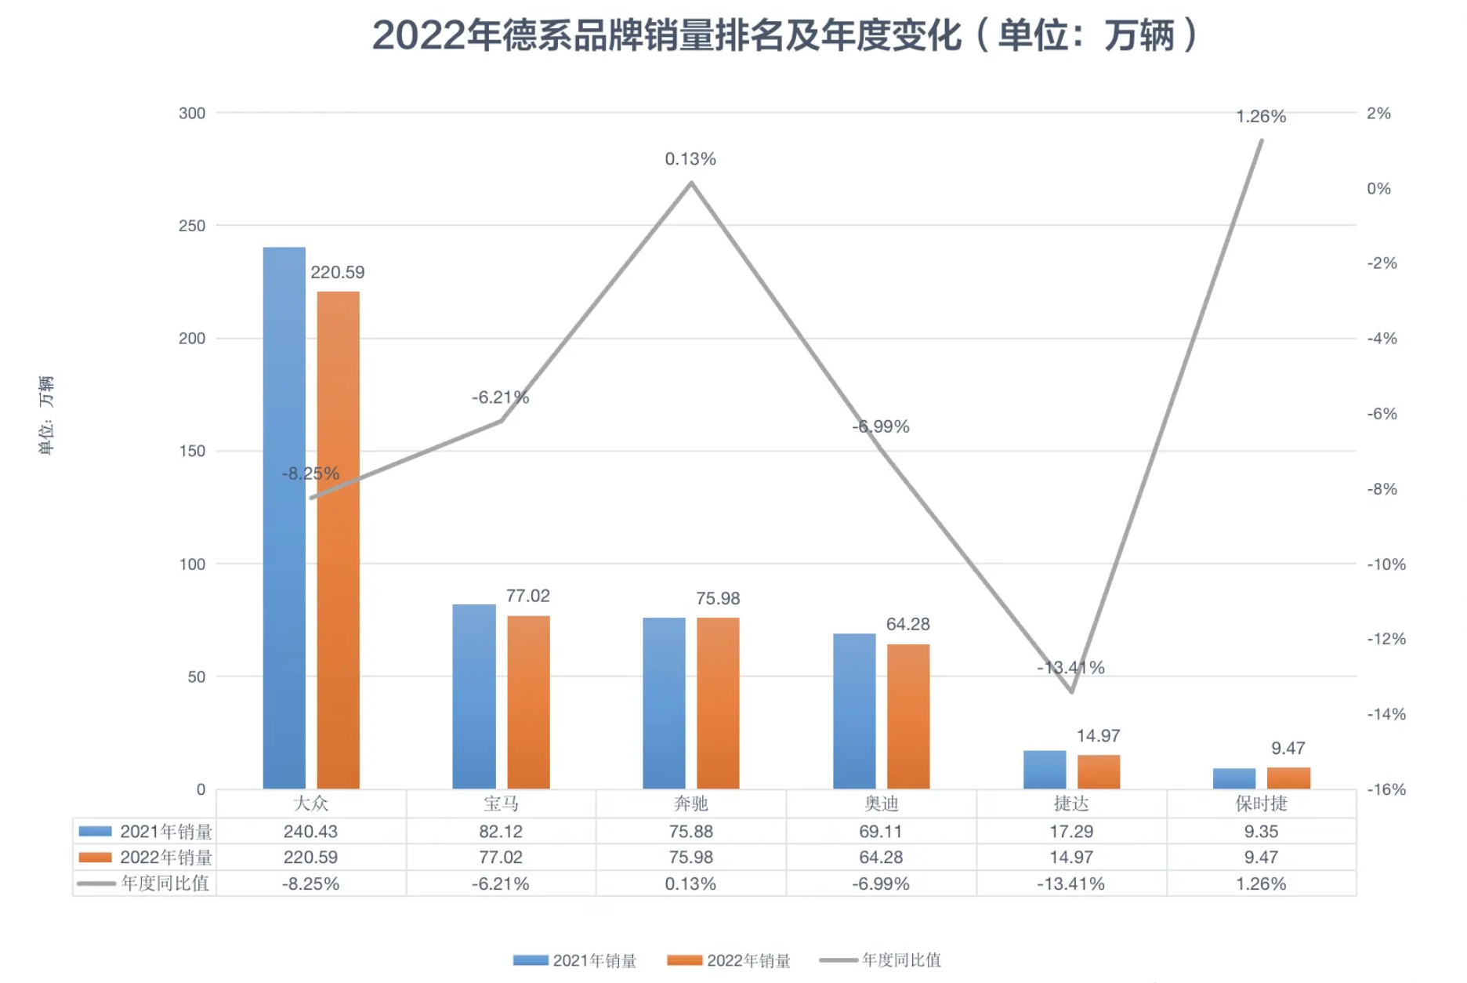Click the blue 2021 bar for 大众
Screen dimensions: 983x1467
284,517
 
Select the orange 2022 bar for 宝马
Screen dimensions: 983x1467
528,702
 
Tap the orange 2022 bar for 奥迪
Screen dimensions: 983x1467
908,716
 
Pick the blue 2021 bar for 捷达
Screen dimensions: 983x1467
1045,769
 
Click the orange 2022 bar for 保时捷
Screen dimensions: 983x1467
1288,778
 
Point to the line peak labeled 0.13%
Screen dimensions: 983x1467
691,183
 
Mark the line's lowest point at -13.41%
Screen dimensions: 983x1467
1071,691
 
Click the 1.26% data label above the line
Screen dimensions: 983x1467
1261,117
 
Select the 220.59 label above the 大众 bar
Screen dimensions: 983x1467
337,272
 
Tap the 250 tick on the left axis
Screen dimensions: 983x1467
192,226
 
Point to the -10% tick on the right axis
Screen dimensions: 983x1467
1386,564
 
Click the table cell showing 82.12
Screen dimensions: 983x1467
501,831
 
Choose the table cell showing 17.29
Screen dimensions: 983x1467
1071,831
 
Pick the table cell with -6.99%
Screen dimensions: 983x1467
881,883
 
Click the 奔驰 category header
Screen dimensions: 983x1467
690,803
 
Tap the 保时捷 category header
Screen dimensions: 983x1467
1261,803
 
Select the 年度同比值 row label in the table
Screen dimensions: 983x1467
165,883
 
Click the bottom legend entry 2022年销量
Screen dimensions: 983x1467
748,960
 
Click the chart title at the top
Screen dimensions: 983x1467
784,35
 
